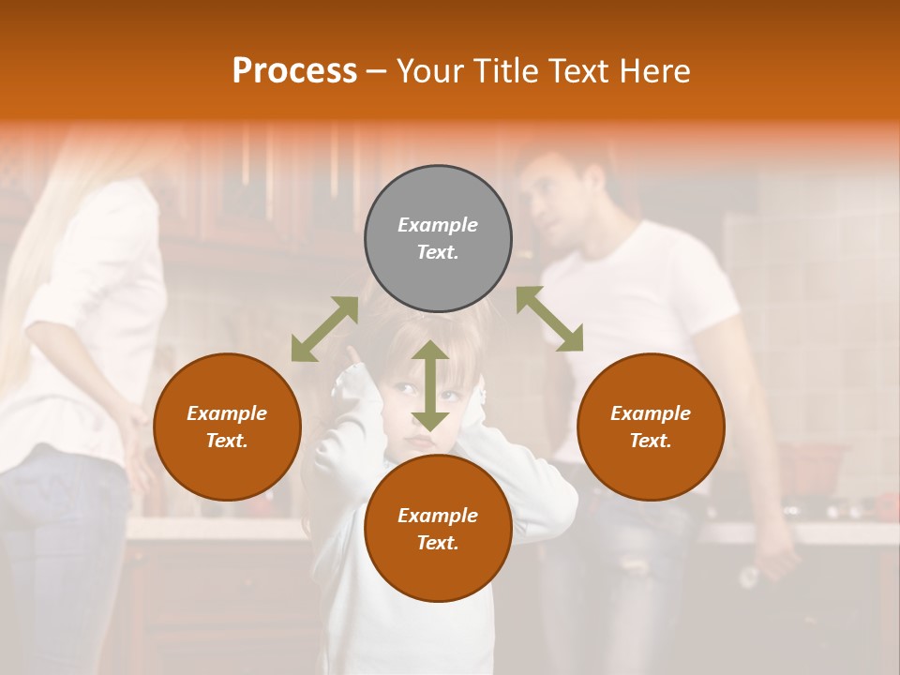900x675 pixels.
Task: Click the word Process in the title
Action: (x=294, y=71)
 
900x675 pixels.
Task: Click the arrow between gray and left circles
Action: (x=324, y=328)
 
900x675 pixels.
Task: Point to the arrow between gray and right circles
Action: (x=549, y=319)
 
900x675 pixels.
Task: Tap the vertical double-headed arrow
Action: (x=429, y=385)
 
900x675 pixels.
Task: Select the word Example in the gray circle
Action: (x=438, y=225)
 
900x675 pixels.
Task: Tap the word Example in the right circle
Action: (x=651, y=413)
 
